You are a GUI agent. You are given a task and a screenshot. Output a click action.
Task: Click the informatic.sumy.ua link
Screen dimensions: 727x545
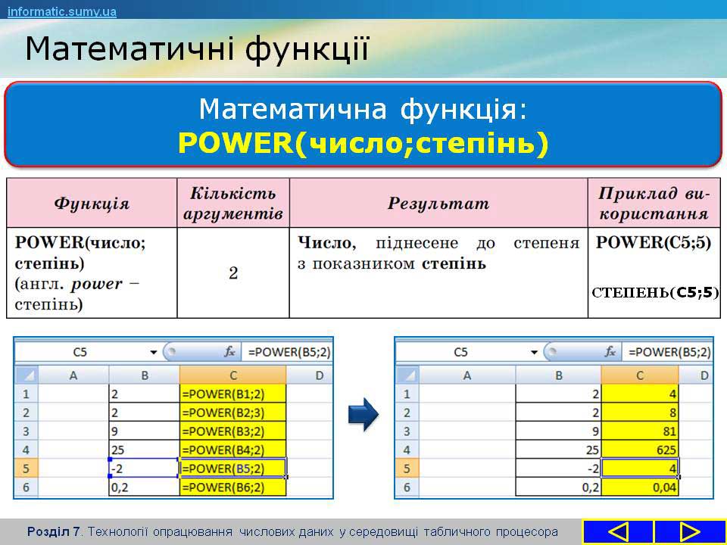click(61, 11)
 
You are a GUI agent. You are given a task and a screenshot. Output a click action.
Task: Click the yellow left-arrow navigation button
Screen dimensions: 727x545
click(618, 531)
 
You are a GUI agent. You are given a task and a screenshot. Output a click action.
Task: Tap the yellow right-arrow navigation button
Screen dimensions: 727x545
click(689, 531)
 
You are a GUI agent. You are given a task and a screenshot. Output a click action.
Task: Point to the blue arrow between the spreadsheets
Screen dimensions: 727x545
click(363, 414)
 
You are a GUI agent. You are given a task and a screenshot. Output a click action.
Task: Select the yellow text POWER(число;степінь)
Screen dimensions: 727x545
click(363, 143)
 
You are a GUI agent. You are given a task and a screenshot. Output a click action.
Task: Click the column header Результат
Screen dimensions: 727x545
click(438, 203)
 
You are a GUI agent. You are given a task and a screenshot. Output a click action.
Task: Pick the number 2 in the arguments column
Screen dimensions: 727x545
click(233, 273)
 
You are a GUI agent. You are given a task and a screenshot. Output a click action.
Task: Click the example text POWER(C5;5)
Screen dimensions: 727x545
click(654, 242)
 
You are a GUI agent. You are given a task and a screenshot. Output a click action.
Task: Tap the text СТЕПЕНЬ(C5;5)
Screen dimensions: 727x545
click(655, 292)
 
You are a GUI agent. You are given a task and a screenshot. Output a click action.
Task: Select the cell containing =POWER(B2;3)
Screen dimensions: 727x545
click(232, 413)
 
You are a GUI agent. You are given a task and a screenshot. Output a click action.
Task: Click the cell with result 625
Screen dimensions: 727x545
click(640, 450)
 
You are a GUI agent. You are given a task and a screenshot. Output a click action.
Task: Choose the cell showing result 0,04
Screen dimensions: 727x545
click(640, 487)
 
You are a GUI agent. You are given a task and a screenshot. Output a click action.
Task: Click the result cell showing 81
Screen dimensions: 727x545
click(640, 431)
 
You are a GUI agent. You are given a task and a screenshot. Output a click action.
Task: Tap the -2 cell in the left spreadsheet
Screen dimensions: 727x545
click(144, 468)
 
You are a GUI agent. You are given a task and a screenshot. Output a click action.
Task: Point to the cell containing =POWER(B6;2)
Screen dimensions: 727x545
click(232, 487)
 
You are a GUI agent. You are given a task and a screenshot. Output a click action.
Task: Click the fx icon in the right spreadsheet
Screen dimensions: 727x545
click(610, 352)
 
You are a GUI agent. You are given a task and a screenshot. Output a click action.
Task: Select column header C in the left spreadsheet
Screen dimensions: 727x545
click(232, 375)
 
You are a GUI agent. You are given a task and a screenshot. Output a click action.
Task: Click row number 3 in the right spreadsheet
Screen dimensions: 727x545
click(407, 431)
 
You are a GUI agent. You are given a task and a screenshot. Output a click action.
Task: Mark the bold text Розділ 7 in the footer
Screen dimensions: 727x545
click(53, 531)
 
